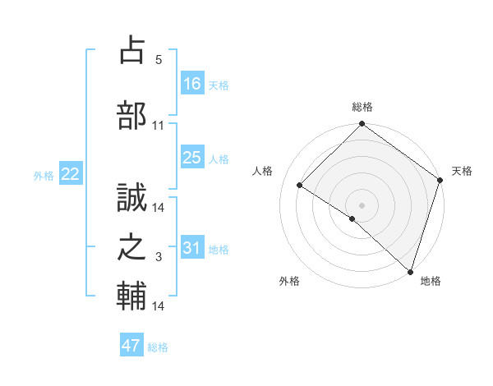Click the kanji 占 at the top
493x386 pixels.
(x=132, y=50)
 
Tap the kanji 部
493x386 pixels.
(x=132, y=116)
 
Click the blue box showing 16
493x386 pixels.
(x=192, y=83)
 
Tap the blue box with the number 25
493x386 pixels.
(x=192, y=158)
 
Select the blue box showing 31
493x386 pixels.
(x=192, y=248)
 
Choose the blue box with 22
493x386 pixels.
(x=71, y=174)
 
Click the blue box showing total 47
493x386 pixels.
(x=131, y=346)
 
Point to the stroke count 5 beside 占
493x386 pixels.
(x=159, y=60)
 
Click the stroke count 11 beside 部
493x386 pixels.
(x=159, y=126)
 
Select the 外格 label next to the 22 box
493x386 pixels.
(x=44, y=175)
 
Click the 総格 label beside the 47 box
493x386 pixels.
(x=158, y=347)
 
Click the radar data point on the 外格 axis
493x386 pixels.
(x=352, y=218)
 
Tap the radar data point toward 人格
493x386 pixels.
(x=300, y=186)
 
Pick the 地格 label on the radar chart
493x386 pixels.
(x=431, y=281)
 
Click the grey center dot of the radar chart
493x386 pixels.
(x=362, y=204)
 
